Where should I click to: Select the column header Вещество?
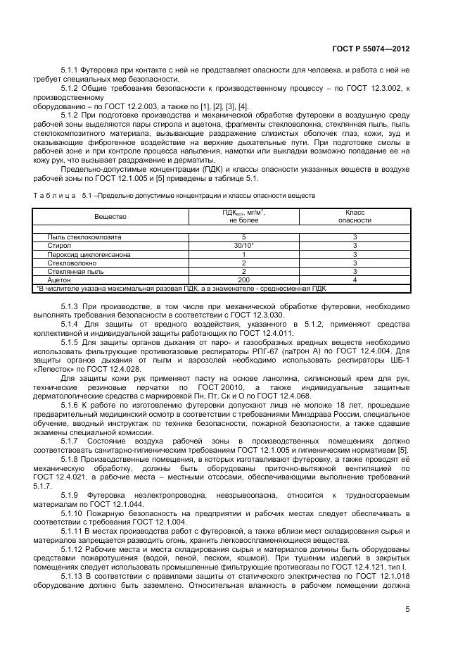click(110, 215)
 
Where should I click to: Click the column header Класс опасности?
click(355, 215)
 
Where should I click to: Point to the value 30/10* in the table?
click(243, 246)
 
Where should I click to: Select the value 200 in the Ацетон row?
click(243, 280)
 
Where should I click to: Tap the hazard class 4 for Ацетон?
click(355, 280)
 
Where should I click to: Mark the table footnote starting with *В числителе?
click(180, 288)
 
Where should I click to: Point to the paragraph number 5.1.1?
click(71, 70)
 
